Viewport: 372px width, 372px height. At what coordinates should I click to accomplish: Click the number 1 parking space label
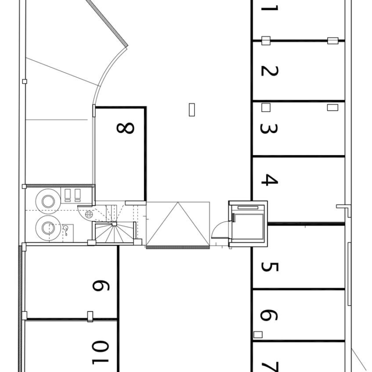click(269, 8)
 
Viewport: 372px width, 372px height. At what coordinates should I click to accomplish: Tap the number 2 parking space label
click(269, 71)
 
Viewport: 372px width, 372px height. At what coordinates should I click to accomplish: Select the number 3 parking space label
click(269, 128)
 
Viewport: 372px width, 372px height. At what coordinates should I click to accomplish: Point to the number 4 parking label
click(269, 180)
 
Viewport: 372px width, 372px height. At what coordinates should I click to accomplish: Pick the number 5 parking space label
click(270, 267)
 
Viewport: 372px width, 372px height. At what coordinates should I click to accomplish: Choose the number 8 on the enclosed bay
click(125, 128)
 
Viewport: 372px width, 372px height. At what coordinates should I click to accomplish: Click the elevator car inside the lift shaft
click(248, 227)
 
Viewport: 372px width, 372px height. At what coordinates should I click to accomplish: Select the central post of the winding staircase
click(114, 224)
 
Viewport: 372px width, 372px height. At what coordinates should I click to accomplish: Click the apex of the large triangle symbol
click(178, 202)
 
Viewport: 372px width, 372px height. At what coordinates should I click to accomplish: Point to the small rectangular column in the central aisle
click(192, 110)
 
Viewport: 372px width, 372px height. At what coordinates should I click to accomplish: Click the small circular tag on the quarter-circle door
click(89, 214)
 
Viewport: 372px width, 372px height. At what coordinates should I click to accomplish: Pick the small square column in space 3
click(266, 107)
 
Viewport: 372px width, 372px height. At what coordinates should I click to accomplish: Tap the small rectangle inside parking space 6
click(258, 334)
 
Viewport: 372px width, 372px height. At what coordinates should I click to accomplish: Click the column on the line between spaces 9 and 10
click(90, 317)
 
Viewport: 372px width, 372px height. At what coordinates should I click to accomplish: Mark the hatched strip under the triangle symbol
click(178, 247)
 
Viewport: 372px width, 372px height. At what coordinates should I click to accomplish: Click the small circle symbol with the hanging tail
click(65, 228)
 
